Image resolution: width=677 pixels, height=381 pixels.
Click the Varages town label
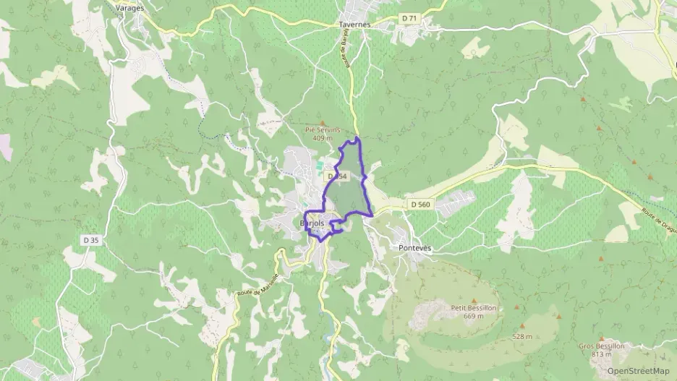(x=130, y=8)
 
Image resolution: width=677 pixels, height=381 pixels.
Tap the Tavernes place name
(x=354, y=24)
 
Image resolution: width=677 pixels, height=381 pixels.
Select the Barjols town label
(x=312, y=224)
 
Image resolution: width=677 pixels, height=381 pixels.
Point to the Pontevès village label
(x=415, y=247)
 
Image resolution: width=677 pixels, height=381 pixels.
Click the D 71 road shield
(x=409, y=17)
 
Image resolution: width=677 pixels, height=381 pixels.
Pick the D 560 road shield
(x=420, y=205)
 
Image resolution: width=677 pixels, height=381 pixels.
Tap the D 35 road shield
(x=90, y=240)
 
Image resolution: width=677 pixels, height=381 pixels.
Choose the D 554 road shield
(x=338, y=176)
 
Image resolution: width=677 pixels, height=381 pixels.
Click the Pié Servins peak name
(x=322, y=129)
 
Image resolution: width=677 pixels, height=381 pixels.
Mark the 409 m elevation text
(x=323, y=137)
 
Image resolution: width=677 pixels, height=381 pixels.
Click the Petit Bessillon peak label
(x=474, y=307)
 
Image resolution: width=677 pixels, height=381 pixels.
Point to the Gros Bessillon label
(x=601, y=346)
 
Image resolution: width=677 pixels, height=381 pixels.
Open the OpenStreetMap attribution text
(x=638, y=371)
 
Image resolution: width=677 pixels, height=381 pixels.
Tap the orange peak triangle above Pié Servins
(x=323, y=122)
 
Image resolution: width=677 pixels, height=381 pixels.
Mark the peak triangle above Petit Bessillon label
(x=474, y=299)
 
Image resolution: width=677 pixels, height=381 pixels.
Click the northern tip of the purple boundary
(x=357, y=137)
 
